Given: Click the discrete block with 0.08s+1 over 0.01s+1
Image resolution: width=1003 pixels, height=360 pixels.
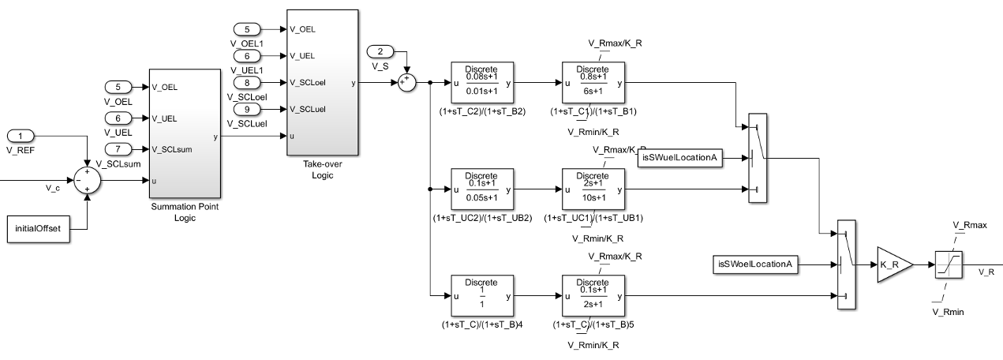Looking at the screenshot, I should pos(482,82).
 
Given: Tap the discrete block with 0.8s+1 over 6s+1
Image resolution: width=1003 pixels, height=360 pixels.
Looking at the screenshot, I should pos(592,82).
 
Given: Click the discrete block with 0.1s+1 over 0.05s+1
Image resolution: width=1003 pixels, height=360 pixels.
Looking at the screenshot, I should pos(482,189).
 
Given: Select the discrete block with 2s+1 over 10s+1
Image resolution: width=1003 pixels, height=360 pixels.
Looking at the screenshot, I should pos(592,189).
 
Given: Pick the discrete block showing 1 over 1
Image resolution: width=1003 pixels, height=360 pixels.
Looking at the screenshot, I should pos(482,296).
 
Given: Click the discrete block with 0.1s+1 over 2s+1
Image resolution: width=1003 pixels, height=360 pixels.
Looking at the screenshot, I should pos(592,296).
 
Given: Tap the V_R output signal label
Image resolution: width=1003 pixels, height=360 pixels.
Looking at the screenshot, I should pos(986,272).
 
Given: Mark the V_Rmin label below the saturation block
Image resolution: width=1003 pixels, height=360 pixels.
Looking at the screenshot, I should pos(949,313).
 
